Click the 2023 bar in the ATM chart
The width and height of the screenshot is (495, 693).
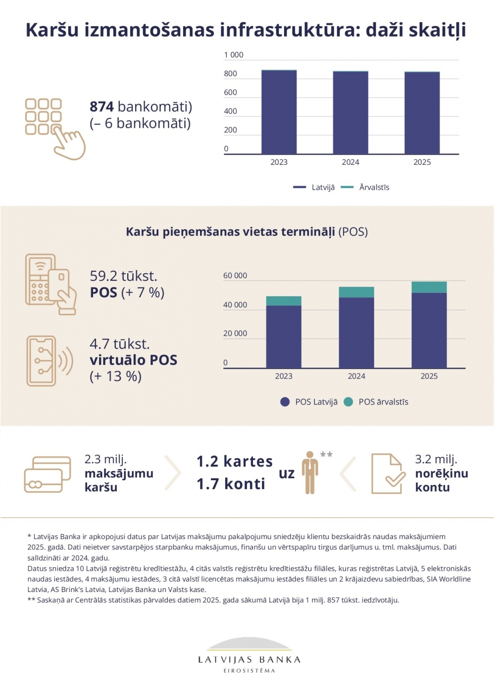(x=279, y=112)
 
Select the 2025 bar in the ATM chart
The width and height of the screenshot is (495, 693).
(x=422, y=113)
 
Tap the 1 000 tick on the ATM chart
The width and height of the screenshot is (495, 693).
(x=234, y=55)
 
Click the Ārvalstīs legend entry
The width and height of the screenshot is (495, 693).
(x=374, y=187)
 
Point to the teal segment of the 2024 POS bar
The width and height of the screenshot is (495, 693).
(x=356, y=292)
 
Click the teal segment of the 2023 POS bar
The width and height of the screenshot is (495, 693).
(x=284, y=301)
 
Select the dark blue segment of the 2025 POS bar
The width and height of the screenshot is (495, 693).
(x=429, y=330)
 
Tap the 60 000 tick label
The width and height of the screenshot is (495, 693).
(x=235, y=276)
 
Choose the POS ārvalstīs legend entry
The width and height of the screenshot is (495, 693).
(x=383, y=402)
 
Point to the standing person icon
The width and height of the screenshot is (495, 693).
(x=310, y=472)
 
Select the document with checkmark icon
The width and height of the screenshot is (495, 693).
(x=388, y=474)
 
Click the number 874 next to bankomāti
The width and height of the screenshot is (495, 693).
(x=101, y=106)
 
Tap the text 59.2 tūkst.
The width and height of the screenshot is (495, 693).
(x=123, y=276)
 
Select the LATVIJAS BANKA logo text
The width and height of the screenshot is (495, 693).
(x=249, y=659)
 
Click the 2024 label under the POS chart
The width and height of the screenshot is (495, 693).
(x=356, y=376)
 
